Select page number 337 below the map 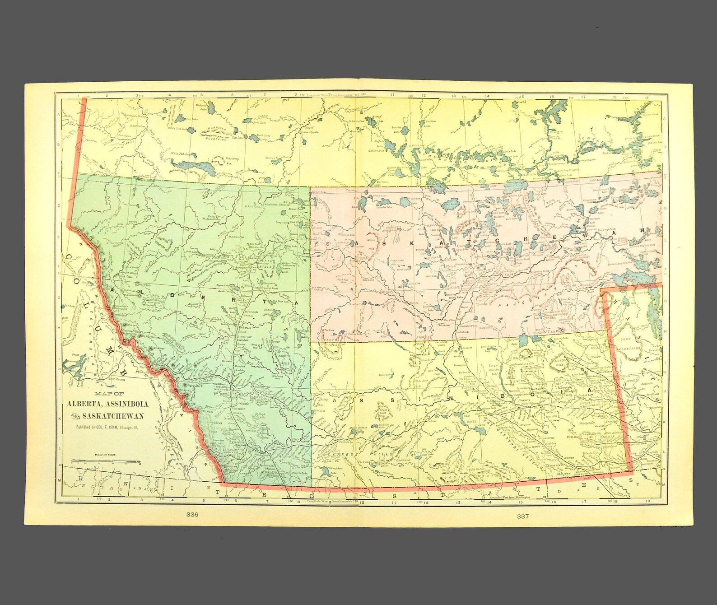pyautogui.click(x=523, y=516)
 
